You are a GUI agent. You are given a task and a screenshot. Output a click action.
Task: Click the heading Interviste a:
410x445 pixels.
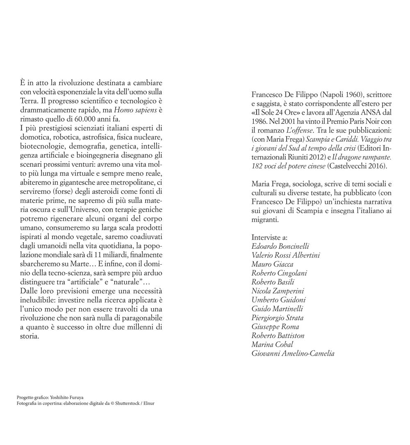click(x=269, y=237)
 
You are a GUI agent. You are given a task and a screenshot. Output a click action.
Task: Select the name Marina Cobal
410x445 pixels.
click(x=272, y=344)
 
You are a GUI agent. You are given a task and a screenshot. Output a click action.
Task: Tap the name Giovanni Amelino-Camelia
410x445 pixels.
click(x=293, y=353)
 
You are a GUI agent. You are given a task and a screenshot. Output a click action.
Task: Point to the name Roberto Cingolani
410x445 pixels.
click(x=279, y=273)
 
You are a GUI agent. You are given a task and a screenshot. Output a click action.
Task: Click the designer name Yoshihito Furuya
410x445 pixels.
click(x=68, y=397)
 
